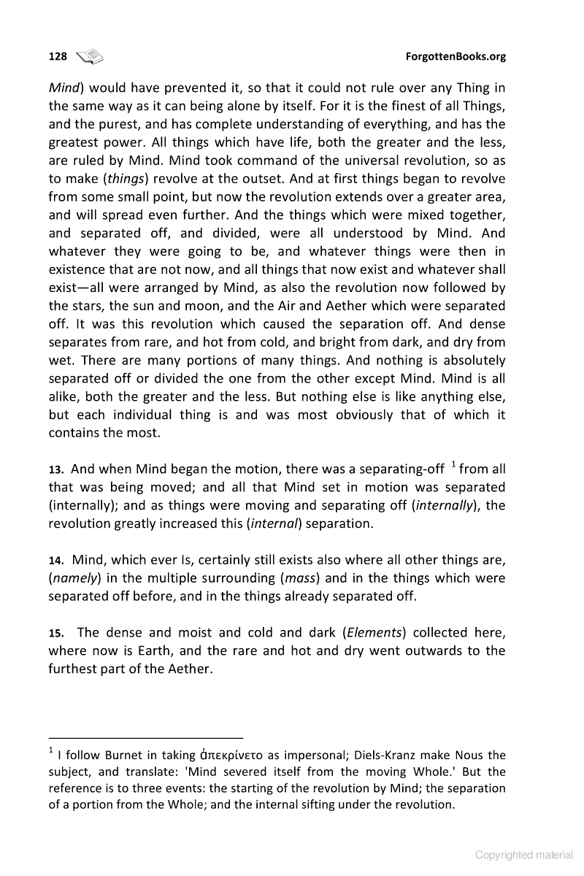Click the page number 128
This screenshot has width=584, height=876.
[58, 56]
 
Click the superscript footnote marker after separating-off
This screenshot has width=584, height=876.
[453, 464]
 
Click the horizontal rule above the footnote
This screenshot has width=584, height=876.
[145, 737]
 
